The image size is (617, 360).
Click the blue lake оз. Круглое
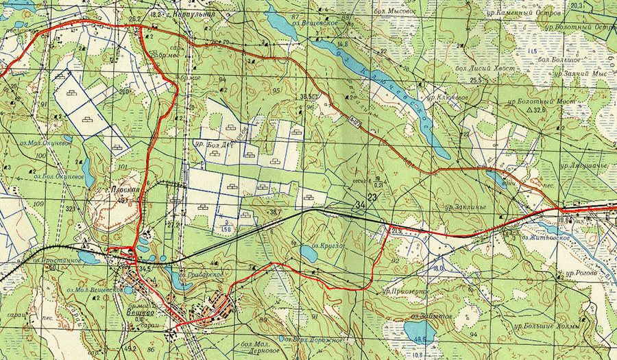coord(308,254)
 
